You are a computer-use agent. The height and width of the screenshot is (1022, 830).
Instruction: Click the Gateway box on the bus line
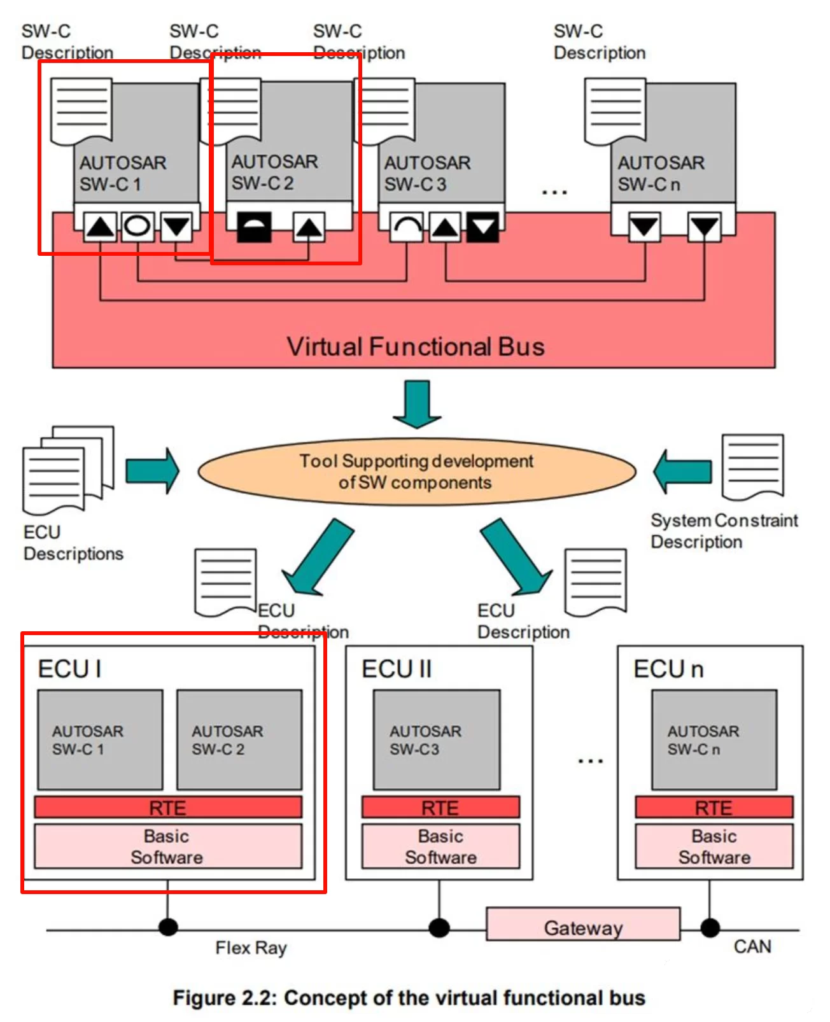(x=582, y=924)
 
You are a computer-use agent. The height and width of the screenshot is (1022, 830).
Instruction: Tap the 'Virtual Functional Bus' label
(x=415, y=347)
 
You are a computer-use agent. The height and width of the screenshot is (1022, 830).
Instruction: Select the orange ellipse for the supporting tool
(x=417, y=472)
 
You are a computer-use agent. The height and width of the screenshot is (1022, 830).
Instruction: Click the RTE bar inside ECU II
(x=440, y=808)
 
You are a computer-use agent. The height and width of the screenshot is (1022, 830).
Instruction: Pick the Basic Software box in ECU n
(x=714, y=846)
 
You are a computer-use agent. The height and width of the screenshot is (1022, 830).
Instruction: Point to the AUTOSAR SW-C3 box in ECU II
(x=437, y=740)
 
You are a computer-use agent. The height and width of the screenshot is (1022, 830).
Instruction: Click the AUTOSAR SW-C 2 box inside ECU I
(x=239, y=740)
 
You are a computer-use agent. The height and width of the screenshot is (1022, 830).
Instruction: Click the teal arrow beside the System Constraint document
(x=682, y=472)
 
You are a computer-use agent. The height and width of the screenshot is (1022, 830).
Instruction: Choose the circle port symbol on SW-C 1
(x=137, y=226)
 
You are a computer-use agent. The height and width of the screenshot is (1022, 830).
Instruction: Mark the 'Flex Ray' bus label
(x=251, y=948)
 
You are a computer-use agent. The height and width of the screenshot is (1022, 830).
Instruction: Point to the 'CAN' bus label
(x=752, y=947)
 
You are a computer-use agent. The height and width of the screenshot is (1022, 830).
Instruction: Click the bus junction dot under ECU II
(x=439, y=928)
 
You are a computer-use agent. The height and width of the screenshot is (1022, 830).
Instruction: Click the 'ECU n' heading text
(x=668, y=669)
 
